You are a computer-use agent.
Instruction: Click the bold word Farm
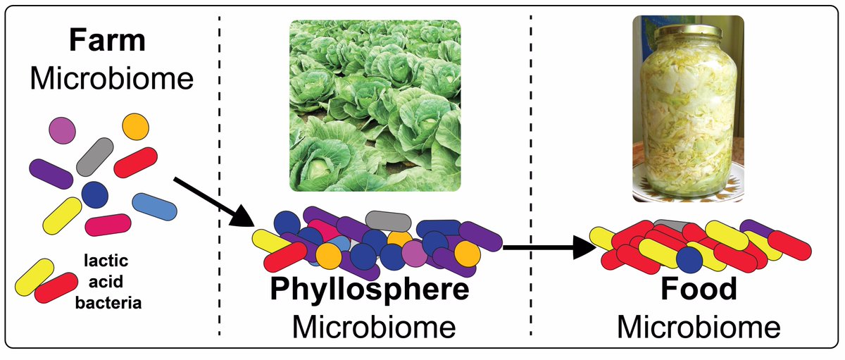(x=107, y=42)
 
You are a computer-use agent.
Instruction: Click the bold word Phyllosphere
(x=370, y=290)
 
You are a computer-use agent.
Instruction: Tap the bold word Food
(x=699, y=290)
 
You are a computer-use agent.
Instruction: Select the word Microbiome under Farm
(x=111, y=78)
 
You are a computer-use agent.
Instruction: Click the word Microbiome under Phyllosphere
(x=373, y=327)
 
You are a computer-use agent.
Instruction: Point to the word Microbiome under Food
(x=699, y=327)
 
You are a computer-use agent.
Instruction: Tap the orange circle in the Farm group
(x=136, y=127)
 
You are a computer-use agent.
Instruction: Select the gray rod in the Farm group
(x=95, y=156)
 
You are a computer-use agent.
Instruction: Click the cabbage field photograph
(x=375, y=106)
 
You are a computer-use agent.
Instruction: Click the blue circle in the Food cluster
(x=691, y=260)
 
